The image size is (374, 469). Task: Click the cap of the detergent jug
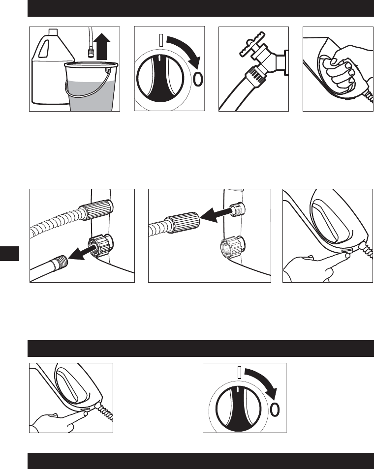point(53,31)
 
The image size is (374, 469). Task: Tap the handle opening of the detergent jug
point(43,49)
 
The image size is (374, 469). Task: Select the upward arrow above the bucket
point(102,46)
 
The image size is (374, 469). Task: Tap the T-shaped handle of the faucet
point(252,43)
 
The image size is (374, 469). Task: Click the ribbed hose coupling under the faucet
point(255,75)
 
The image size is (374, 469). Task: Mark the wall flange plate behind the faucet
point(286,62)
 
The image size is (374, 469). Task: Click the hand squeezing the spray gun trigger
point(344,68)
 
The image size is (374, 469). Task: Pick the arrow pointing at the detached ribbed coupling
point(216,215)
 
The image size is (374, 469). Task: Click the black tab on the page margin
point(9,254)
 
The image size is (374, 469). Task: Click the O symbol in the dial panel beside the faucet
point(198,79)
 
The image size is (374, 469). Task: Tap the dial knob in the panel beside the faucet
point(160,78)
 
